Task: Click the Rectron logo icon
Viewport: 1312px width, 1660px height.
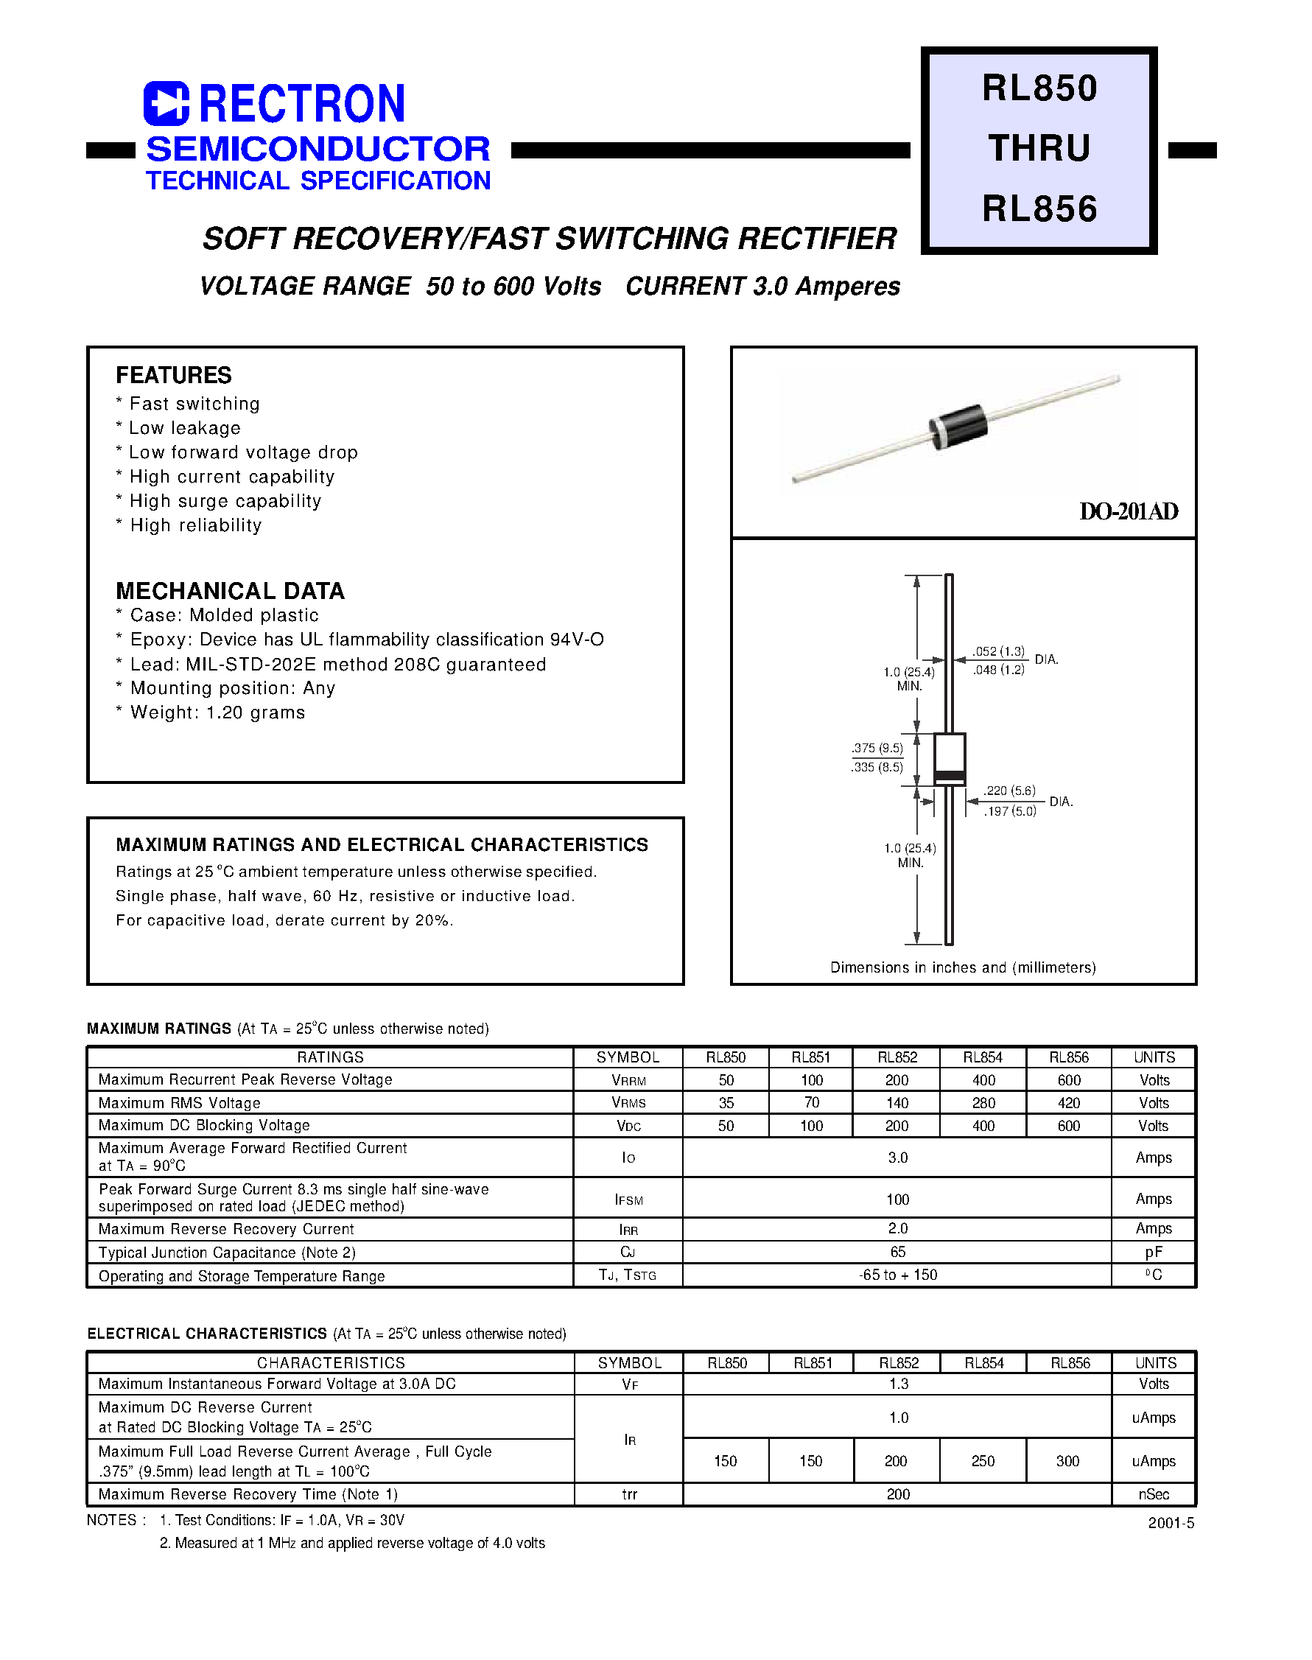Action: point(166,104)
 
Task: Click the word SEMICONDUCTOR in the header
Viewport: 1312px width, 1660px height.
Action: point(318,149)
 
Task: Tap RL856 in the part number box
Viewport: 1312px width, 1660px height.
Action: point(1039,209)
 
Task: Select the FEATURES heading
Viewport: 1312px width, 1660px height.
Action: point(174,375)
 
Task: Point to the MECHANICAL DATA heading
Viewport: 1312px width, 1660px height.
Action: point(230,591)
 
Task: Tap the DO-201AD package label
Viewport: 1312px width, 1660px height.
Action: point(1128,511)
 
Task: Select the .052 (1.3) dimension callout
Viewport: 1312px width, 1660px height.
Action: point(999,651)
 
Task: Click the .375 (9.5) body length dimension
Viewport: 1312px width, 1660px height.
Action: point(877,748)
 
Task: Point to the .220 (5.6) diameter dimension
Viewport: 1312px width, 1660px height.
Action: point(1009,791)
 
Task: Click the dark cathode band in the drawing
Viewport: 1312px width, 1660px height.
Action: point(950,774)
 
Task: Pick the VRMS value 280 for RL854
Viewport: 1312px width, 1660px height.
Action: point(983,1103)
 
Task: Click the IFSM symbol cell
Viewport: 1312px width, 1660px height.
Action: point(628,1199)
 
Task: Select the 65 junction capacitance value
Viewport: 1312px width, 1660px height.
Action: point(897,1252)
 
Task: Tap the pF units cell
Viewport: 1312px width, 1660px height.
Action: point(1153,1252)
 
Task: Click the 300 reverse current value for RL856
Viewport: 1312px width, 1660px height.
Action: point(1067,1461)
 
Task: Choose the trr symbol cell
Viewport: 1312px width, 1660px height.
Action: point(629,1494)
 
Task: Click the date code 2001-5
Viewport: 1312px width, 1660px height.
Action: point(1171,1523)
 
